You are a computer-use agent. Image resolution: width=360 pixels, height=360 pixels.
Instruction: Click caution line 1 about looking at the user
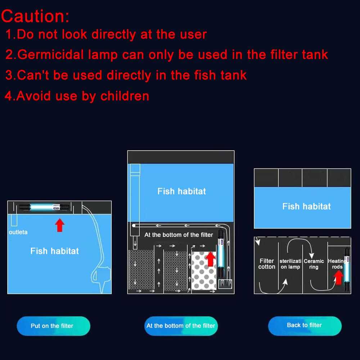(106, 35)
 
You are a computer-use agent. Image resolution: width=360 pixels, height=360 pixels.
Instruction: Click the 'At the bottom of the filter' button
(181, 326)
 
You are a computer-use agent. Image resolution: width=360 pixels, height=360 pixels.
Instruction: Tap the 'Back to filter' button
(305, 325)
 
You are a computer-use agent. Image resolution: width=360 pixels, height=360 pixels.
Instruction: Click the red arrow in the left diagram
(60, 225)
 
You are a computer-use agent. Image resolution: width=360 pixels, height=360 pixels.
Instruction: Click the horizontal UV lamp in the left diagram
(41, 207)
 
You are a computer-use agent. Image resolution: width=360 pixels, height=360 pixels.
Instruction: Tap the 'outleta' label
(18, 232)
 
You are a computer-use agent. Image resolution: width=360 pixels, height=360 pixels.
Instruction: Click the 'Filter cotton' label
(267, 264)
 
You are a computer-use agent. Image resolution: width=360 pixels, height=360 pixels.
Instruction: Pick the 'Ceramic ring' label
(314, 264)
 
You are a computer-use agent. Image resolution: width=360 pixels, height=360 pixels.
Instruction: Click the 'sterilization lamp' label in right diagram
(291, 264)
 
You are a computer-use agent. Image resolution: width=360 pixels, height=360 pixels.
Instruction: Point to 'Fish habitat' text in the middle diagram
(181, 191)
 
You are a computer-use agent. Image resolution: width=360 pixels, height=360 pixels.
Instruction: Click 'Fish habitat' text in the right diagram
(306, 206)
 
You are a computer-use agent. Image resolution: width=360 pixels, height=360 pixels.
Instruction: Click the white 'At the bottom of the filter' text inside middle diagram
(179, 235)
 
